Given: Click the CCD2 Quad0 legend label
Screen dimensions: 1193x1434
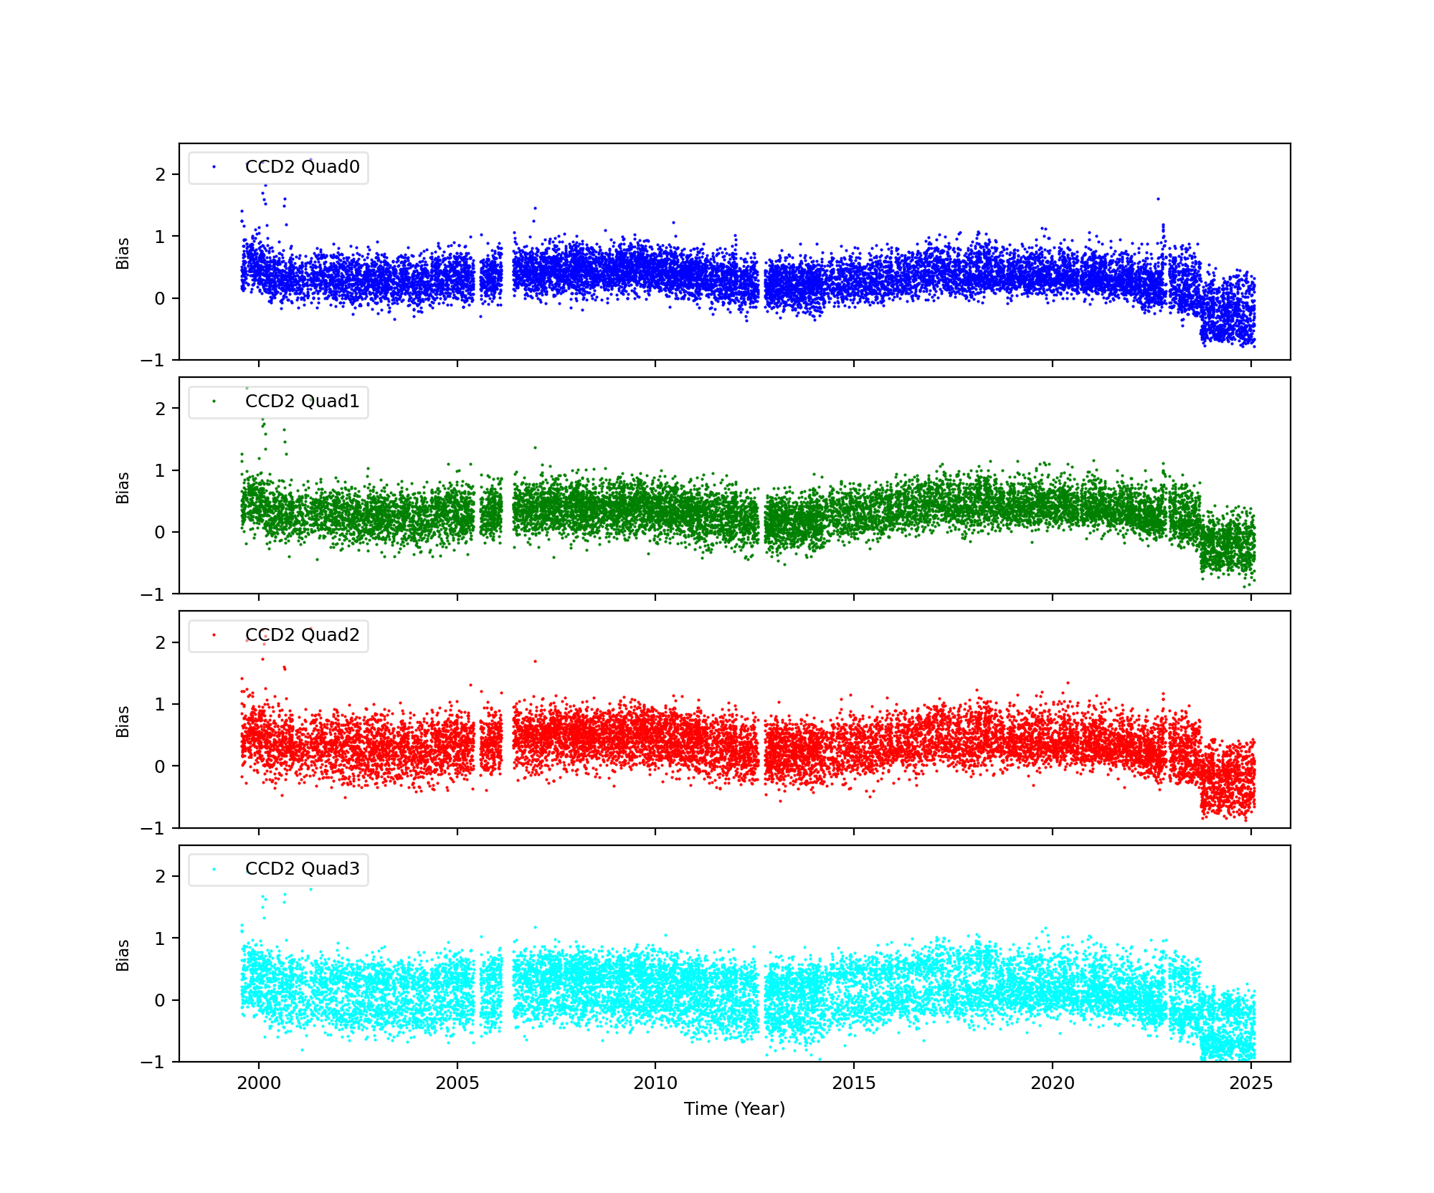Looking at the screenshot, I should [302, 167].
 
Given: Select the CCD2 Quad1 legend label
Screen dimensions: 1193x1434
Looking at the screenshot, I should [302, 401].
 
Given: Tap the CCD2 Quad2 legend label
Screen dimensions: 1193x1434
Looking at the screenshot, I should [302, 635].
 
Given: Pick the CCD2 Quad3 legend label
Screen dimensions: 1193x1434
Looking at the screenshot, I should [302, 869].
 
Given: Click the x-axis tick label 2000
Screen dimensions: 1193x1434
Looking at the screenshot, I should [259, 1083].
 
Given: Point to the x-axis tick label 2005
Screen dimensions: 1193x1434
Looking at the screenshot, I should [457, 1083].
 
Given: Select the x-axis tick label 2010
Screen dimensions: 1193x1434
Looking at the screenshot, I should [655, 1083].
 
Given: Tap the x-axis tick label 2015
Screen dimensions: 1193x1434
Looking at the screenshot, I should [854, 1083].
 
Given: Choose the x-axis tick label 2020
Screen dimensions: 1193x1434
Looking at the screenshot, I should [1053, 1083].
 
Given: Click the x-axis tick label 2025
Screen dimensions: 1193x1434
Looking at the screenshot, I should [1251, 1083].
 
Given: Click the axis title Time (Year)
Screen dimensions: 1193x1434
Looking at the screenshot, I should [734, 1109].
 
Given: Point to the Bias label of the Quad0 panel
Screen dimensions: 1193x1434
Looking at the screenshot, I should [123, 253].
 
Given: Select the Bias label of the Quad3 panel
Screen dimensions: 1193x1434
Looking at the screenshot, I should [123, 955].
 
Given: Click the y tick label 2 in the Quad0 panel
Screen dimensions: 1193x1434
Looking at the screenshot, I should [160, 175].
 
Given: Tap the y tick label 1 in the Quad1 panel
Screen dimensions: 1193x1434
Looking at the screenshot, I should [160, 471].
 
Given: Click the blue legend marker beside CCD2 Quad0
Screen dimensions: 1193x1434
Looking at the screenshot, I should [214, 167].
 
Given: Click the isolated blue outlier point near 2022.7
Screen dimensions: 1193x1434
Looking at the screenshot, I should [1158, 199].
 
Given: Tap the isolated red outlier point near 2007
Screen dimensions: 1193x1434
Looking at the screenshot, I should [535, 661].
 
